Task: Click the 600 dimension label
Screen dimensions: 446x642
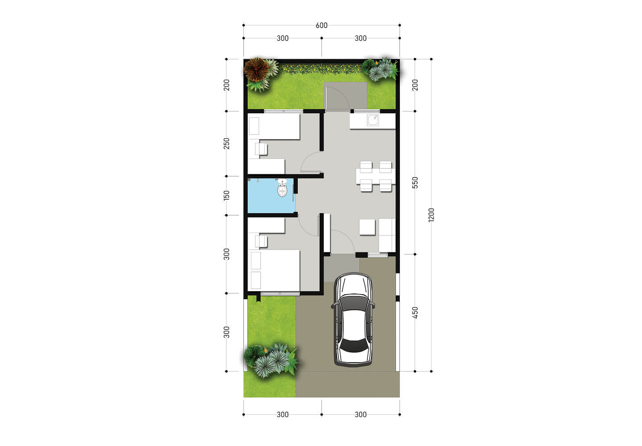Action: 321,25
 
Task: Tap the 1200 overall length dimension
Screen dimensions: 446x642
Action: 431,215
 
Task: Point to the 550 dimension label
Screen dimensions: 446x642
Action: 415,182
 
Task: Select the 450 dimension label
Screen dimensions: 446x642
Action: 415,312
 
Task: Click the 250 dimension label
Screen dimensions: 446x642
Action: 227,143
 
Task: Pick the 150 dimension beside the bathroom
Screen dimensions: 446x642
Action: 227,195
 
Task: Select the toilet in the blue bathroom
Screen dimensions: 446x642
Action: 282,190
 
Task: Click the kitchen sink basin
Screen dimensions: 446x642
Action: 373,120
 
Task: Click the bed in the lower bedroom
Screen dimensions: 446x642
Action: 275,270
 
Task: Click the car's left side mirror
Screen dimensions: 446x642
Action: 334,306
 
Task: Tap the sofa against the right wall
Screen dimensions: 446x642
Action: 387,235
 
